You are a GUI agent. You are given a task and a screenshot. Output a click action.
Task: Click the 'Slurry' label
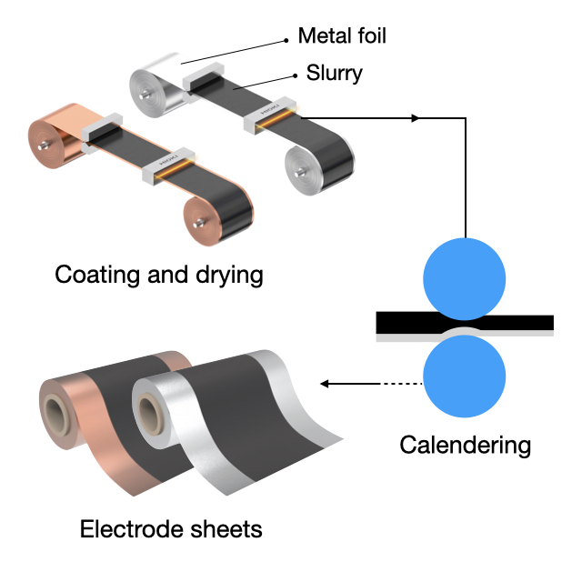332,73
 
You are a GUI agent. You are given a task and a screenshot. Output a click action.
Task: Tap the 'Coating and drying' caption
159,274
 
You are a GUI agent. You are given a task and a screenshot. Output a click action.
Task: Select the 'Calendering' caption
465,445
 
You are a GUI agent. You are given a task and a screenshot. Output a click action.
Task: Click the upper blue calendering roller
465,278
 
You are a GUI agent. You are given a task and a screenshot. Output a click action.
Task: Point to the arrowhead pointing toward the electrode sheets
328,384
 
